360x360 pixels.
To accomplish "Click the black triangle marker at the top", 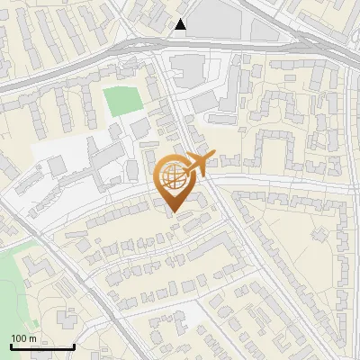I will coord(182,24).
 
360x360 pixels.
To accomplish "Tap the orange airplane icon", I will coord(200,165).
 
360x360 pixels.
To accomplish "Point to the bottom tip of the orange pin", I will coord(173,212).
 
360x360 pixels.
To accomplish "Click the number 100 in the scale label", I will coord(20,338).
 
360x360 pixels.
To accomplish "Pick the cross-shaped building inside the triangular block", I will coord(319,236).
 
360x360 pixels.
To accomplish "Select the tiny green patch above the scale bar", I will coord(33,321).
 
